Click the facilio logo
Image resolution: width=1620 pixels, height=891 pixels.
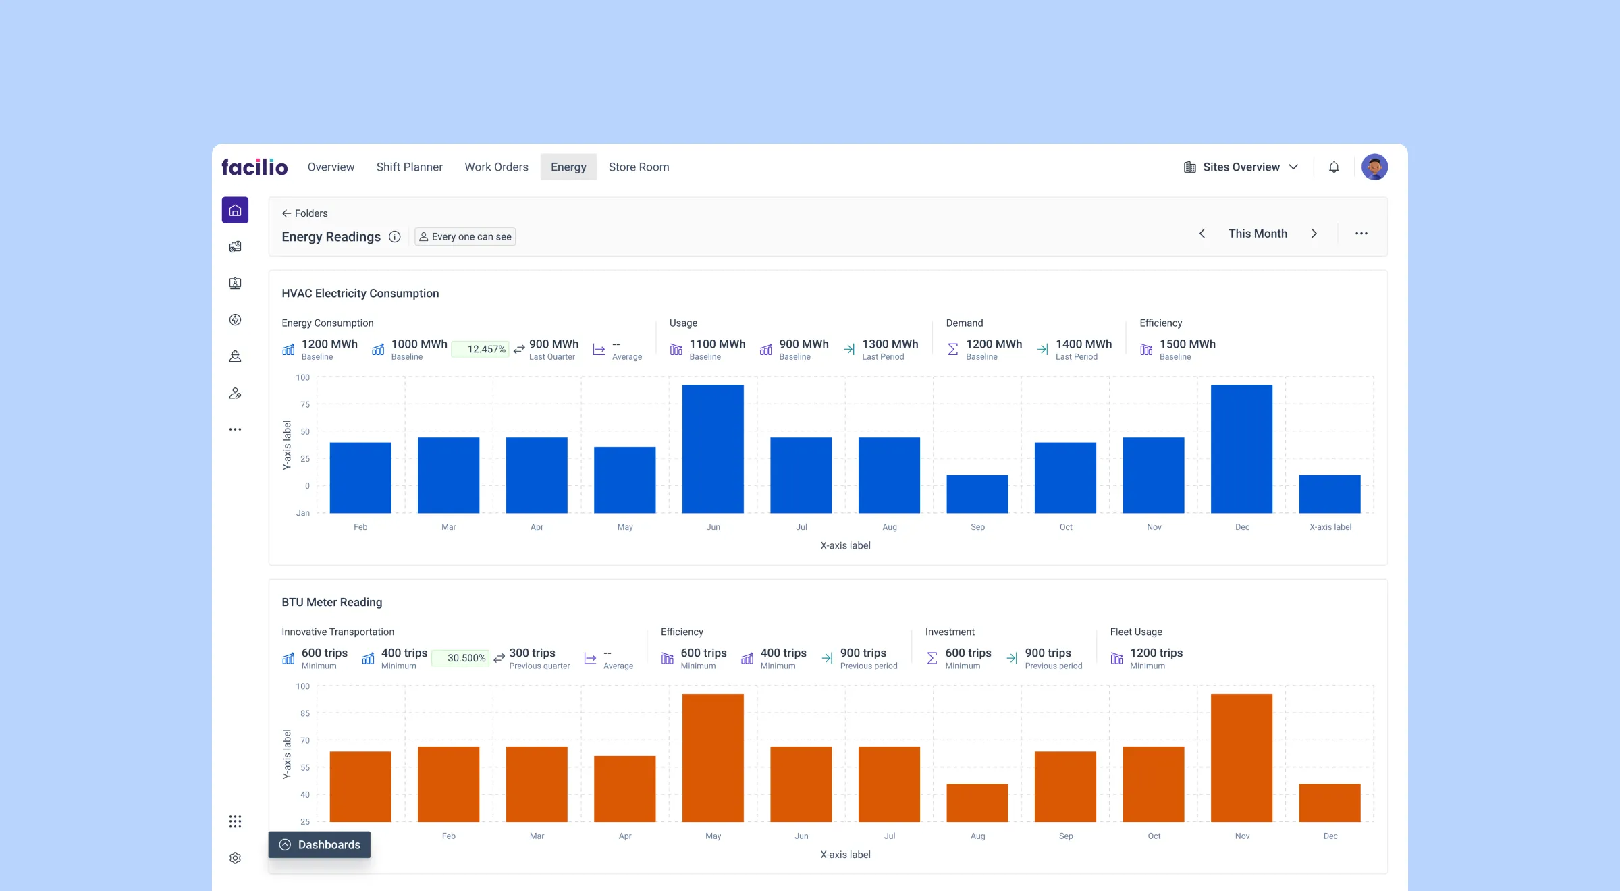[x=254, y=167]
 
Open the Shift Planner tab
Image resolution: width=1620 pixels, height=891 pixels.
[x=409, y=167]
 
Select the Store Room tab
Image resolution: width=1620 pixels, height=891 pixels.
[x=639, y=167]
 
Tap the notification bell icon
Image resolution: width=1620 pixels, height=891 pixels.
[x=1334, y=167]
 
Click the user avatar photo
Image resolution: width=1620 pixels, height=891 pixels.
[x=1374, y=167]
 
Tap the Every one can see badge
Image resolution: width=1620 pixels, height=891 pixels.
[x=465, y=237]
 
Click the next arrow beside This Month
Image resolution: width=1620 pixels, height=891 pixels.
[x=1314, y=234]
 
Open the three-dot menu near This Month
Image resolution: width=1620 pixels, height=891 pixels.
[x=1361, y=234]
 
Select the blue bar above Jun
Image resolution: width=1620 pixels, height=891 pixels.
[x=713, y=449]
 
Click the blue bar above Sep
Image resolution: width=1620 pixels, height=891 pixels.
[x=977, y=493]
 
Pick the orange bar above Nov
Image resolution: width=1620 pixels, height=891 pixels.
[x=1241, y=757]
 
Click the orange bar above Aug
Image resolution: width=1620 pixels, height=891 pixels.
[x=977, y=803]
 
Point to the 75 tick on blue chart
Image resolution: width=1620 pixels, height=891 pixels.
[x=305, y=404]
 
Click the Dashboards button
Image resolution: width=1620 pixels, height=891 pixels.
[x=319, y=844]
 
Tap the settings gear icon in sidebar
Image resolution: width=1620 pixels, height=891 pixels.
[x=235, y=858]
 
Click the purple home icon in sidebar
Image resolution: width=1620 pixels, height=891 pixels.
[x=235, y=210]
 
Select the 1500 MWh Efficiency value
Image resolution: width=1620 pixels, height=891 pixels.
[x=1187, y=344]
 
